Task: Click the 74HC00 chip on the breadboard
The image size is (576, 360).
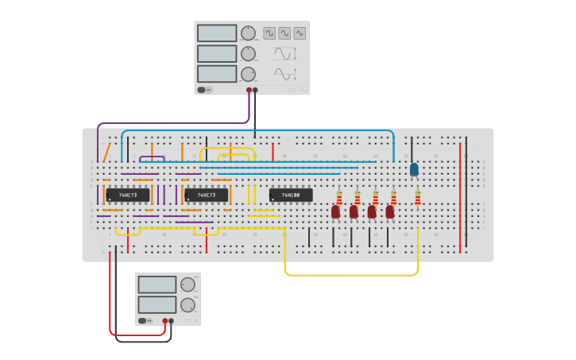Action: coord(291,195)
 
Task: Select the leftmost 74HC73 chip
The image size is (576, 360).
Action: coord(127,195)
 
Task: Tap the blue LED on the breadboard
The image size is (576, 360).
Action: coord(414,168)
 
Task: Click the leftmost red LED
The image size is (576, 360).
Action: coord(335,211)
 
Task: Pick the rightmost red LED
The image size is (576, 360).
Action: coord(390,211)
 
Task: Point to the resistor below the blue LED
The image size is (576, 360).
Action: coord(418,197)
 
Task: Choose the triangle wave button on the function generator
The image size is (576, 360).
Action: coord(300,33)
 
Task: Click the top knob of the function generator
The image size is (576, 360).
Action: coord(249,33)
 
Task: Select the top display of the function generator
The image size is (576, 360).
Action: coord(217,33)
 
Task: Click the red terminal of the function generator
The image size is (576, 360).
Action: coord(249,91)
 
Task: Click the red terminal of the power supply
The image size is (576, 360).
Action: coord(165,321)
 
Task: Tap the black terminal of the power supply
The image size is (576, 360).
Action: coord(172,321)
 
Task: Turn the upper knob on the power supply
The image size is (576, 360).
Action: coord(187,285)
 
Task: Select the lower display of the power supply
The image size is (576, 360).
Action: coord(157,304)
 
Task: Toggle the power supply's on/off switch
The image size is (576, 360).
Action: coord(144,321)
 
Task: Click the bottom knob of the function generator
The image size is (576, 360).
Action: coord(249,74)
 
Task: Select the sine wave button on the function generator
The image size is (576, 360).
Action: coord(284,33)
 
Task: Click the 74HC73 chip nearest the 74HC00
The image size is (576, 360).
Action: coord(206,195)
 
